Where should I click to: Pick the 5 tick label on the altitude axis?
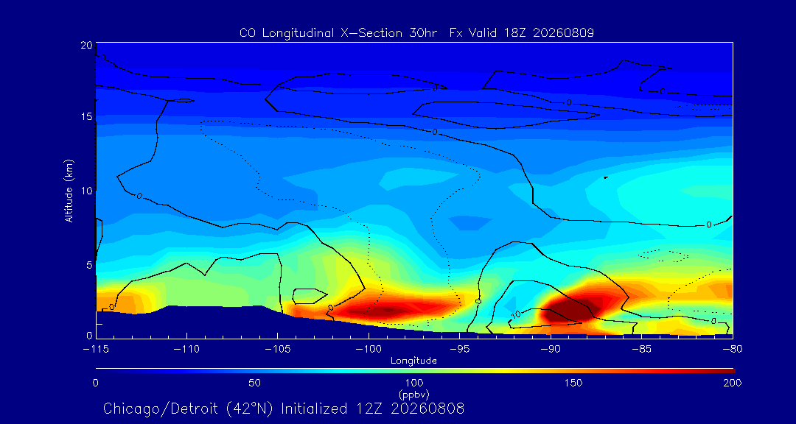89,265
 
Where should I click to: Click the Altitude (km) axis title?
69,190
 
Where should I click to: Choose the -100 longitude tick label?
369,350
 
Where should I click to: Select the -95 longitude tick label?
459,350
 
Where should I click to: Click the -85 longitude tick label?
642,350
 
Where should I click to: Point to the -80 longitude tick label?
733,350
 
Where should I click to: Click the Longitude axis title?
413,361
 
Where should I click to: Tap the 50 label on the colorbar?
255,383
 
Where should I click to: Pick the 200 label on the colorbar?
733,383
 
